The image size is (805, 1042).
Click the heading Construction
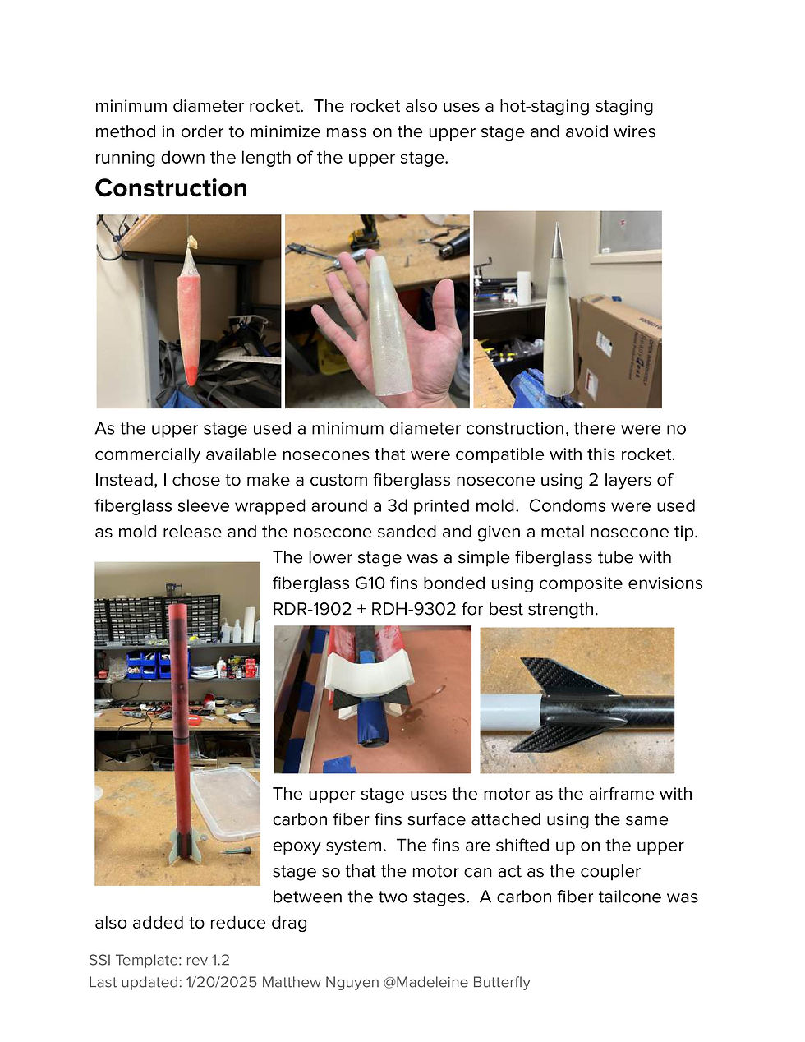pyautogui.click(x=171, y=188)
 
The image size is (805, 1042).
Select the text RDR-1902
pyautogui.click(x=312, y=609)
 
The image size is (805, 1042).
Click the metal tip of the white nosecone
pyautogui.click(x=556, y=239)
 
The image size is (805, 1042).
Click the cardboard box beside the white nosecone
pyautogui.click(x=620, y=350)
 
